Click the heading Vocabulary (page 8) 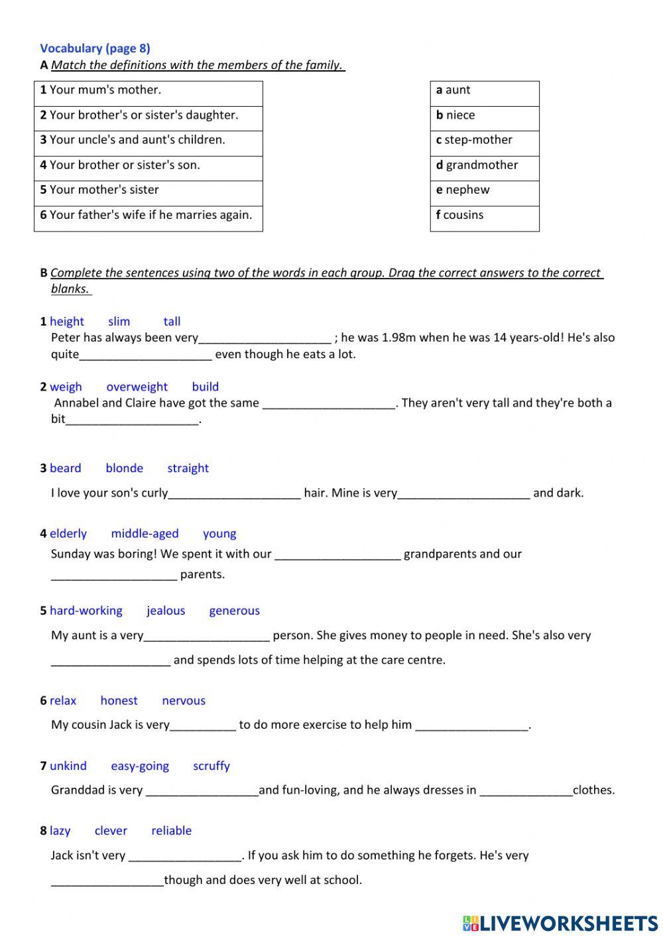(x=95, y=48)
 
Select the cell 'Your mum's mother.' (x=148, y=90)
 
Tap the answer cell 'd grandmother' (x=484, y=165)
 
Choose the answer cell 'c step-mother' (x=484, y=140)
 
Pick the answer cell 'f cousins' (x=484, y=216)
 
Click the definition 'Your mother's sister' (x=148, y=190)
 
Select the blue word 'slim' (x=119, y=322)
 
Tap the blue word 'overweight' (x=137, y=387)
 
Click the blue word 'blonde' (x=124, y=468)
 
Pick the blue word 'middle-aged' (x=145, y=534)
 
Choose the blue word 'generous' (x=234, y=611)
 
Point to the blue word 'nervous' (x=184, y=701)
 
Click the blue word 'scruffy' (x=211, y=766)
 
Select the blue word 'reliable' (x=171, y=831)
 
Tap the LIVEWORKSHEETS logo (x=560, y=922)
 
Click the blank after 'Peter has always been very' (x=265, y=338)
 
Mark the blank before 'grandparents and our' (x=337, y=554)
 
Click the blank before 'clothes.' (x=525, y=790)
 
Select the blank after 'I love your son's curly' (x=235, y=493)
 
